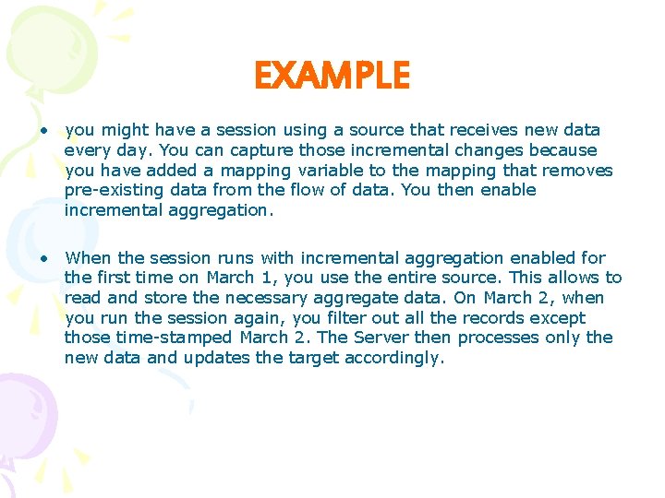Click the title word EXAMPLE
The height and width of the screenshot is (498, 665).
coord(332,76)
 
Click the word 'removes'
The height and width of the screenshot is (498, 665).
coord(579,171)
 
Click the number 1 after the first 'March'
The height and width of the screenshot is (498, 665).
coord(261,278)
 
